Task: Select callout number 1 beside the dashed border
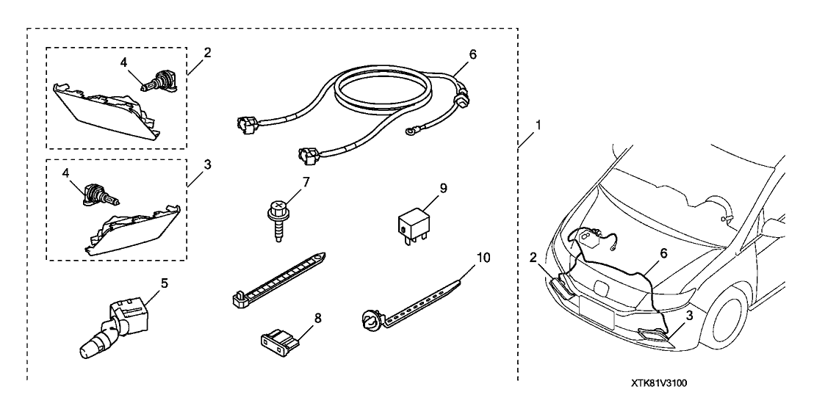click(x=538, y=126)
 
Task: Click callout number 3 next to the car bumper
click(x=689, y=316)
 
